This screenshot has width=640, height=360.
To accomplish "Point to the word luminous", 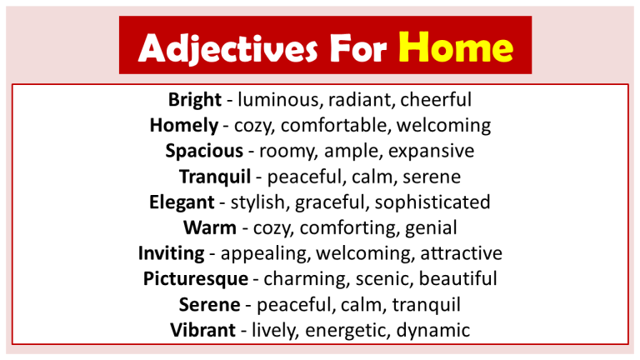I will (280, 101).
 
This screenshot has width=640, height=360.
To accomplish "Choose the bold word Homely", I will (182, 126).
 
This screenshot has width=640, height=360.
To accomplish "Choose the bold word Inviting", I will (172, 253).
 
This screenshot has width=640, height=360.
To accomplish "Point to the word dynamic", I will (433, 330).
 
